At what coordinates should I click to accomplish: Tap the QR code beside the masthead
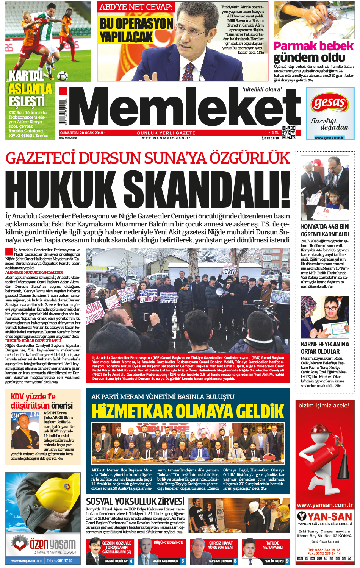click(289, 133)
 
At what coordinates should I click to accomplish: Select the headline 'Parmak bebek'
click(313, 46)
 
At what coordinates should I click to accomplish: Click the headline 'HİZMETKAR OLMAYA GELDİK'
click(188, 411)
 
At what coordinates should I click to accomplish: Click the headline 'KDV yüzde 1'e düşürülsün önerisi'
click(42, 401)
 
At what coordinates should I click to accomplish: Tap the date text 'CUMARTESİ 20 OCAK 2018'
click(82, 133)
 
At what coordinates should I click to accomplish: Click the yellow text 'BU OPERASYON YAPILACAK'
click(136, 30)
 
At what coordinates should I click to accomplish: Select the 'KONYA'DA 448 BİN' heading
click(325, 226)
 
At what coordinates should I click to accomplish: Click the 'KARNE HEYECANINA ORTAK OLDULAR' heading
click(325, 347)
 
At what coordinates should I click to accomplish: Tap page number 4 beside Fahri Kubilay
click(131, 561)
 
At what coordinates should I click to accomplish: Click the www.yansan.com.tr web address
click(325, 505)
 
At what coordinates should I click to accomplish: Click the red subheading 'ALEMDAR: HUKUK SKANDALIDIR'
click(34, 272)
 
